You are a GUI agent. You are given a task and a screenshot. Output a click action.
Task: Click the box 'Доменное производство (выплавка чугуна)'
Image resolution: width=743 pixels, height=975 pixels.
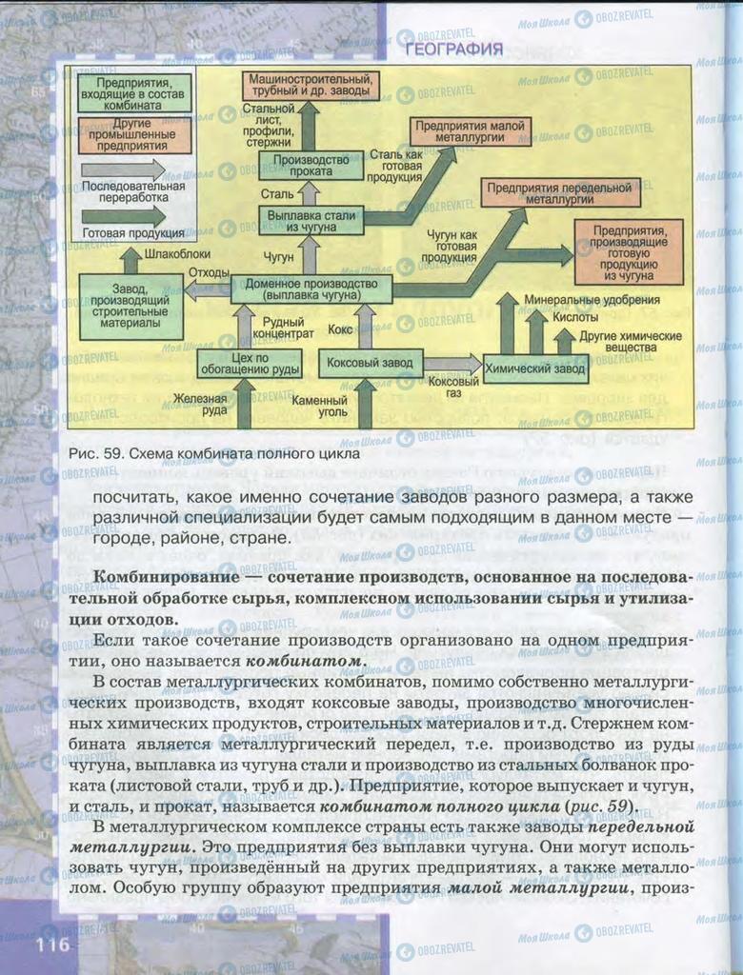pyautogui.click(x=311, y=289)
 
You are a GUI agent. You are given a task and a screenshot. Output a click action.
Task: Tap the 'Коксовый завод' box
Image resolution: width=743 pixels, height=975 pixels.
pyautogui.click(x=370, y=363)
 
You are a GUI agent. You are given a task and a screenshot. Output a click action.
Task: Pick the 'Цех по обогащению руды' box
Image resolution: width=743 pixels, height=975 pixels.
pyautogui.click(x=249, y=363)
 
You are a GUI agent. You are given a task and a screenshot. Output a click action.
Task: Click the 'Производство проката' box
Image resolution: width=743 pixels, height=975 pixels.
pyautogui.click(x=311, y=166)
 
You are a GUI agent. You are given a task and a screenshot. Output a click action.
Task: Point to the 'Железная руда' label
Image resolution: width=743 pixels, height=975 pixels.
pyautogui.click(x=200, y=404)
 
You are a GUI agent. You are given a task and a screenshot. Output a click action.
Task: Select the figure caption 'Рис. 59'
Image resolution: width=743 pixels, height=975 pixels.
pyautogui.click(x=94, y=454)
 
